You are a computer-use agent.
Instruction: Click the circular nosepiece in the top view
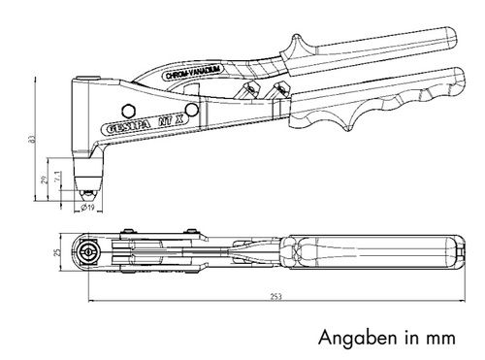point(90,252)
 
